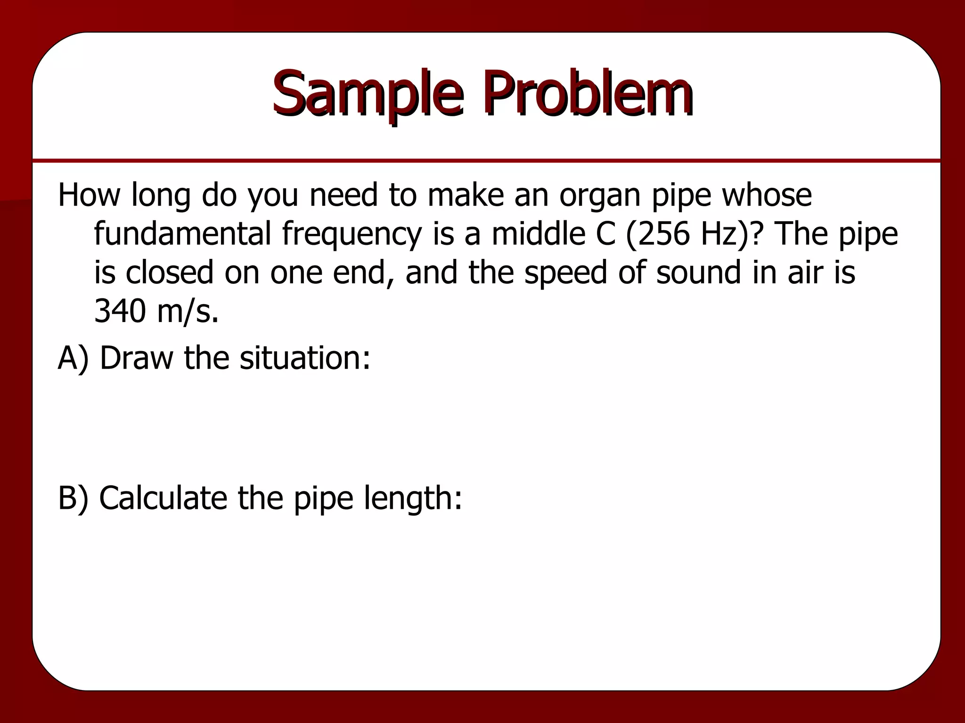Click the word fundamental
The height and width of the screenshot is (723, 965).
coord(182,233)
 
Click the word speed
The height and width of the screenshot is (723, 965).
coord(566,273)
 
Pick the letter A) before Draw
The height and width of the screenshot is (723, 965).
coord(73,358)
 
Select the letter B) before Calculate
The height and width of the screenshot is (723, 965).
coord(73,498)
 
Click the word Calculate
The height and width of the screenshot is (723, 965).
coord(163,498)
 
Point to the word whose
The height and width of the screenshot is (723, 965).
coord(767,195)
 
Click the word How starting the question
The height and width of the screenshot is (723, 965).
coord(89,195)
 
